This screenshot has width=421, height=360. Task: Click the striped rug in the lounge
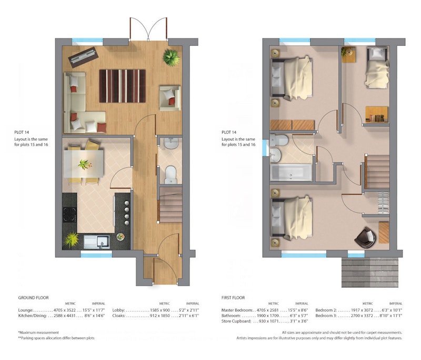click(123, 86)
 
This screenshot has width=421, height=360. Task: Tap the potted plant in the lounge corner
click(172, 57)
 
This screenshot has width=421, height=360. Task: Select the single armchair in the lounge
click(170, 98)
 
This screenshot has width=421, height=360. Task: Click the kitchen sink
click(97, 242)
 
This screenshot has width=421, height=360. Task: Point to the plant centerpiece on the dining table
click(85, 164)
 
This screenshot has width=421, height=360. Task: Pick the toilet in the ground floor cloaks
click(171, 175)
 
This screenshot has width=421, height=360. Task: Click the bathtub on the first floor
click(292, 172)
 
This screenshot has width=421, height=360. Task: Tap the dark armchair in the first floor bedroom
click(365, 237)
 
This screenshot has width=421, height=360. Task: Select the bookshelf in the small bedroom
click(377, 115)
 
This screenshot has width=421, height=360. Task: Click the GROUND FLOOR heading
click(34, 298)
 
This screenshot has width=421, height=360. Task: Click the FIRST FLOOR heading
click(233, 298)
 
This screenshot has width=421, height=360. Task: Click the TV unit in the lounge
click(83, 57)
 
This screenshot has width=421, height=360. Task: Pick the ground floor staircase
click(171, 205)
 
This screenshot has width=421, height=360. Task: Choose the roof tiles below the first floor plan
click(370, 272)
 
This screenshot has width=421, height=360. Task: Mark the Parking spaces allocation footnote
click(56, 338)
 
